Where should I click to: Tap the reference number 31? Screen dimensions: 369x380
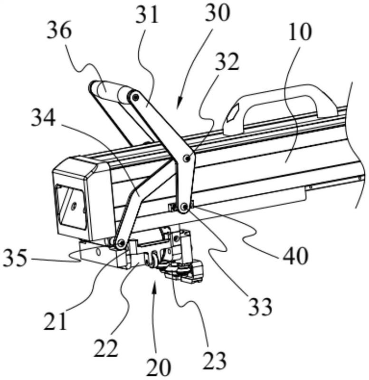[x=147, y=16]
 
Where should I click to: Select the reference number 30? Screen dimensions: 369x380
[x=218, y=13]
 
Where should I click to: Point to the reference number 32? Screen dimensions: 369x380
[x=227, y=62]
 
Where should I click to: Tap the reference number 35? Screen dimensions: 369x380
[x=15, y=258]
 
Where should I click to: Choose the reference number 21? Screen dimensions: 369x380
[x=55, y=322]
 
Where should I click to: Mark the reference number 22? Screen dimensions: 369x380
[x=106, y=348]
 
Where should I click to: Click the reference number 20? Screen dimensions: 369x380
[x=159, y=367]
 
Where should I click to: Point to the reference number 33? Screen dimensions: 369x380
[x=260, y=307]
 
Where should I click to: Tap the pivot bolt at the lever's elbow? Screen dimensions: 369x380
[x=186, y=158]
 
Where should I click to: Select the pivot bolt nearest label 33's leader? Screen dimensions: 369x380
[x=185, y=207]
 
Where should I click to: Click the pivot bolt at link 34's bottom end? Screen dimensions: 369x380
[x=121, y=242]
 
